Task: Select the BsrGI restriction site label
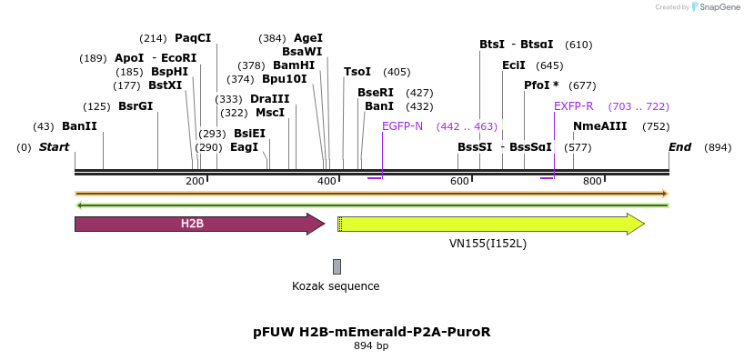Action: point(136,106)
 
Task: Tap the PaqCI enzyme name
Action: point(193,38)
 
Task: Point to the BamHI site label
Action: point(294,65)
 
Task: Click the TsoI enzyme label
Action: point(357,72)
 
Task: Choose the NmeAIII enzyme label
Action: point(599,126)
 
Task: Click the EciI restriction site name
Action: point(513,65)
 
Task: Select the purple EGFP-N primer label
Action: point(402,126)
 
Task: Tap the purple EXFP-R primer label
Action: point(574,106)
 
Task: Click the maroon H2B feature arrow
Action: point(200,224)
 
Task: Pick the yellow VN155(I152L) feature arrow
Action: point(491,224)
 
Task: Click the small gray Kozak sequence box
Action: point(337,266)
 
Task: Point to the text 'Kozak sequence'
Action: point(336,286)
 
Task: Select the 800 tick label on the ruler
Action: point(592,181)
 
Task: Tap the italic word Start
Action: point(54,147)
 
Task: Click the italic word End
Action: point(680,147)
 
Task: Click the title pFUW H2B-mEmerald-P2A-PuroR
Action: point(372,332)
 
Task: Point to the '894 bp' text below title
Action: point(371,345)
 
